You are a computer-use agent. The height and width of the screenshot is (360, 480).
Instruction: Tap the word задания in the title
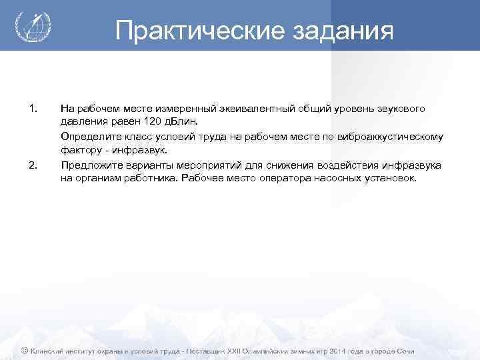345,30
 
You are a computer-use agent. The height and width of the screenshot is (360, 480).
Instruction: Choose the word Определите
87,137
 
